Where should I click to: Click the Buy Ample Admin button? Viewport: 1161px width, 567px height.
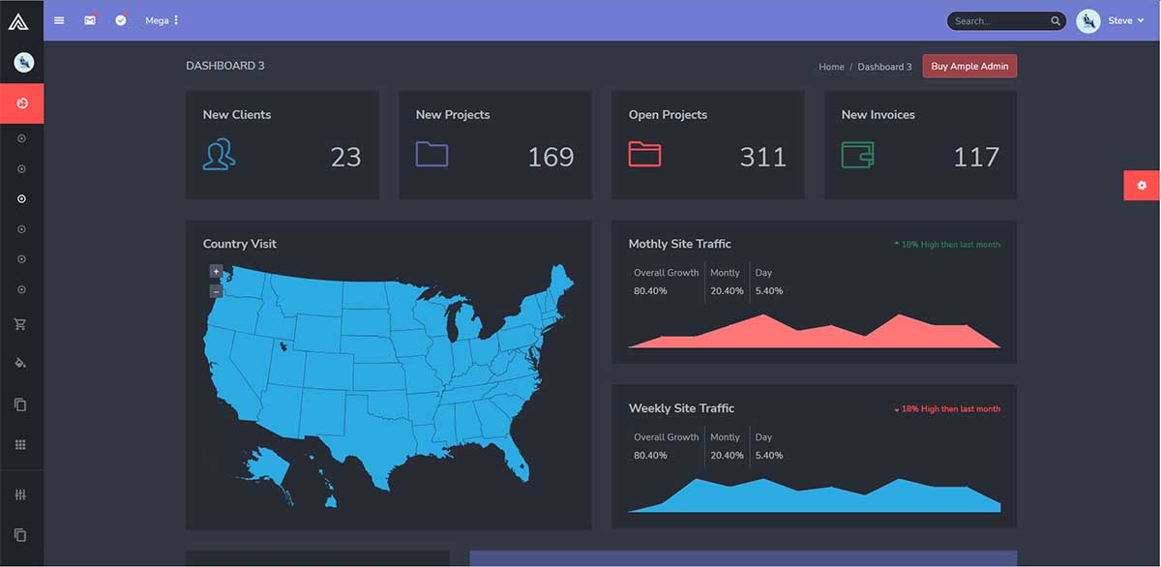point(969,67)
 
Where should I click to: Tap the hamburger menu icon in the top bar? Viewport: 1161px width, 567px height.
point(59,20)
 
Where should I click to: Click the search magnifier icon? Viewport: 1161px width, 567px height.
point(1056,21)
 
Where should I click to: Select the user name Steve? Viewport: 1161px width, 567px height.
point(1119,20)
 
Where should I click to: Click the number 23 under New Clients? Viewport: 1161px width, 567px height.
point(345,157)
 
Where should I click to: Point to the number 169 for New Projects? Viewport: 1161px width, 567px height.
point(551,157)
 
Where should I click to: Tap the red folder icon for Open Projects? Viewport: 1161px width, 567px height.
point(644,154)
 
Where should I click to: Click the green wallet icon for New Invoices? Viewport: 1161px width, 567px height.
point(857,154)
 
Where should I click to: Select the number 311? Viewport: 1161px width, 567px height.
point(762,157)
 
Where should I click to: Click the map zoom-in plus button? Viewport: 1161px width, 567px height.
point(216,272)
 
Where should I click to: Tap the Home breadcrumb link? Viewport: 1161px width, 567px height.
point(831,67)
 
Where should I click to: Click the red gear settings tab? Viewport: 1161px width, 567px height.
point(1142,185)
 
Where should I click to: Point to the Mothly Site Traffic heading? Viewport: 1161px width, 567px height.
point(679,244)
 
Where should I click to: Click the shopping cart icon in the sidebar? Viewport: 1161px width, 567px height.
point(21,324)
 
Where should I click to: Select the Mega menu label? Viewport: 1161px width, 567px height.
point(157,20)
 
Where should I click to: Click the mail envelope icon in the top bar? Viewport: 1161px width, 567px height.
point(90,20)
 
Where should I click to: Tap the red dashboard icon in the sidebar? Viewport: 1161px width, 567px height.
point(21,103)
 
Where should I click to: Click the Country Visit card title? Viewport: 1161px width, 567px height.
point(239,244)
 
